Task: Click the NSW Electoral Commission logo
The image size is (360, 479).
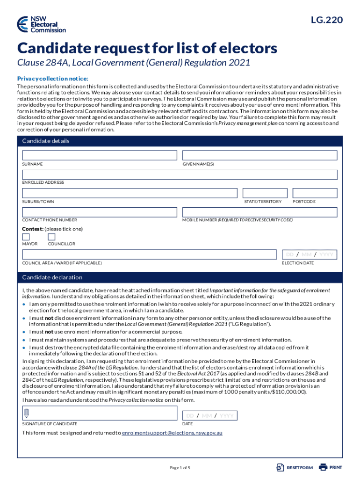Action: pos(41,24)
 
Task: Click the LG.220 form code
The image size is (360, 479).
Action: pos(326,20)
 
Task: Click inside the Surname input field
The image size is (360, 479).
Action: pos(100,155)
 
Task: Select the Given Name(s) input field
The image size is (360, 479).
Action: pos(259,155)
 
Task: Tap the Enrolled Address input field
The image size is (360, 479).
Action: pos(180,174)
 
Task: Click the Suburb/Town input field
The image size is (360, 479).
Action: pos(129,193)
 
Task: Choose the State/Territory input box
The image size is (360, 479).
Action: pos(265,193)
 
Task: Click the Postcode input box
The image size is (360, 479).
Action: pos(315,193)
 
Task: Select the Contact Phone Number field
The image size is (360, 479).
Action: pos(100,212)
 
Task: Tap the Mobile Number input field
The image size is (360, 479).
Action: pos(259,212)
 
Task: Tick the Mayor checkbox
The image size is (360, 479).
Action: pos(26,237)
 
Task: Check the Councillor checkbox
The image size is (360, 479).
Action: pos(51,237)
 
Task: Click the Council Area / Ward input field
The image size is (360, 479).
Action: pos(149,254)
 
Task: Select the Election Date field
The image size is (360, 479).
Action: pos(309,254)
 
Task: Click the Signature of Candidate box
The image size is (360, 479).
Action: pos(100,413)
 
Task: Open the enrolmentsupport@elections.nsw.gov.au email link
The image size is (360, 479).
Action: pos(172,433)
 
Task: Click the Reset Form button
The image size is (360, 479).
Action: pos(295,467)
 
